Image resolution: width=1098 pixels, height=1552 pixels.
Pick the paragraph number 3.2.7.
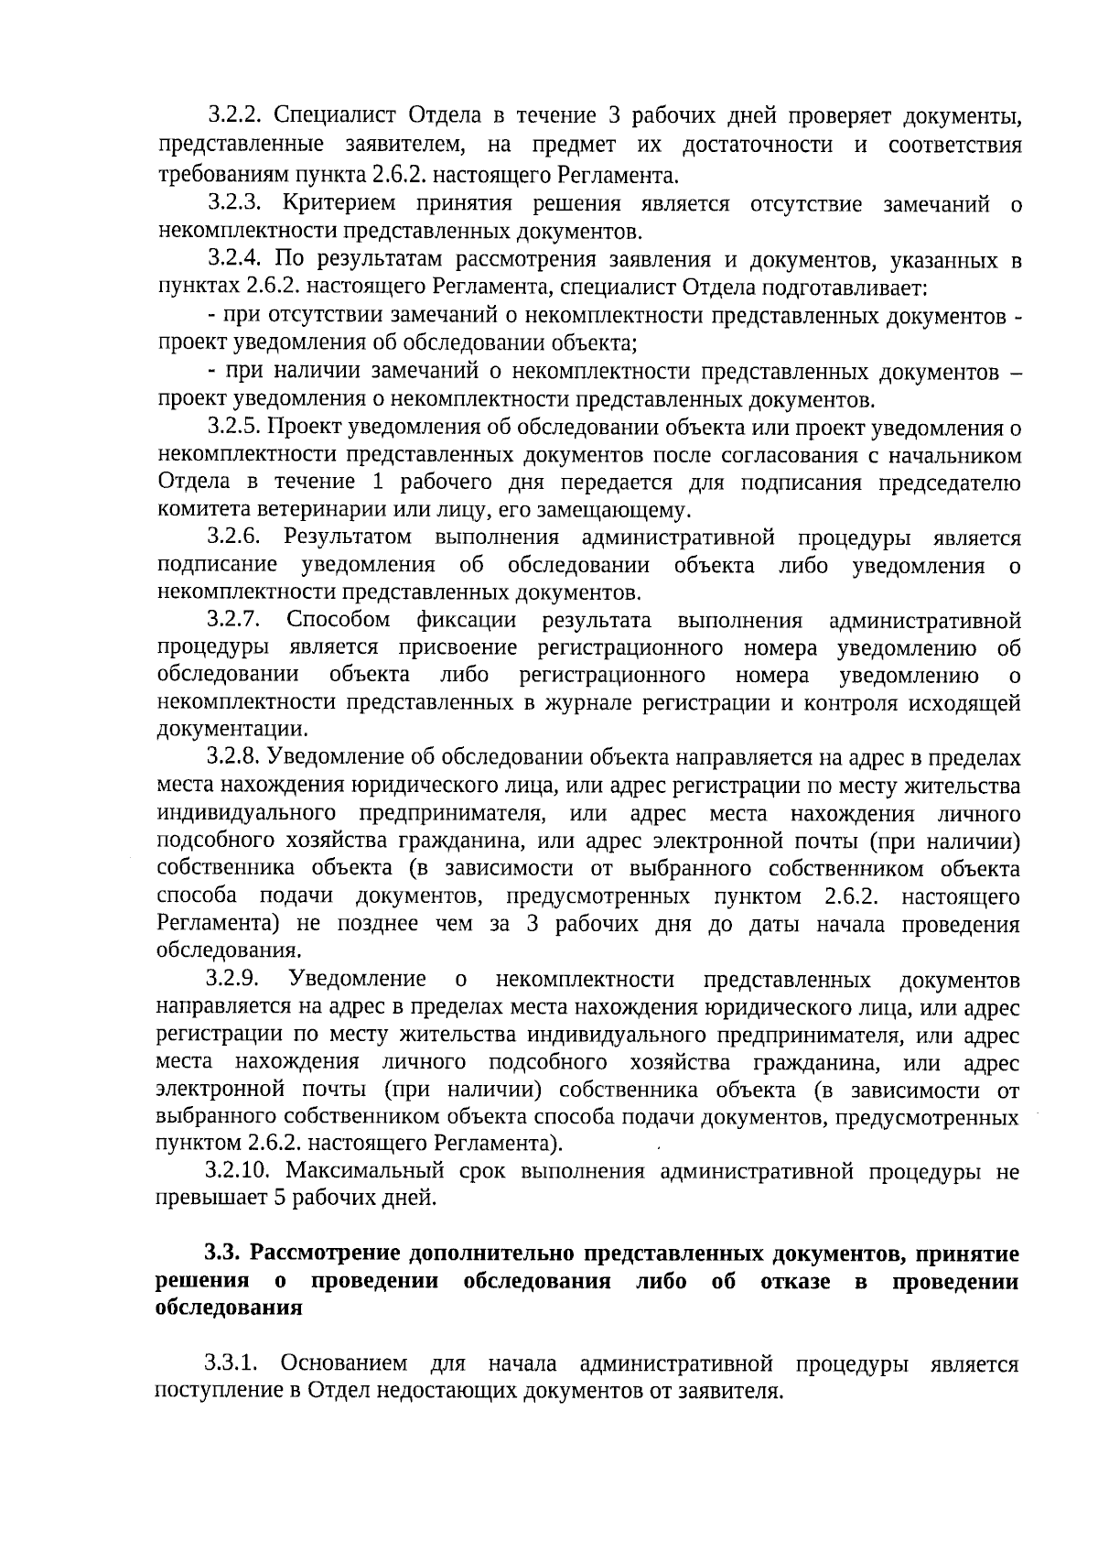235,620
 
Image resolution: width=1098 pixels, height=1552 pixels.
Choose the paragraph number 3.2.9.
235,979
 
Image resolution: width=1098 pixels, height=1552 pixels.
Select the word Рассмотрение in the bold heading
323,1253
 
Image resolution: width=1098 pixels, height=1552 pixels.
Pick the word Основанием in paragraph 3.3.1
343,1363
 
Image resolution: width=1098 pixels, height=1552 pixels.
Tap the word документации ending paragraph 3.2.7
231,730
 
